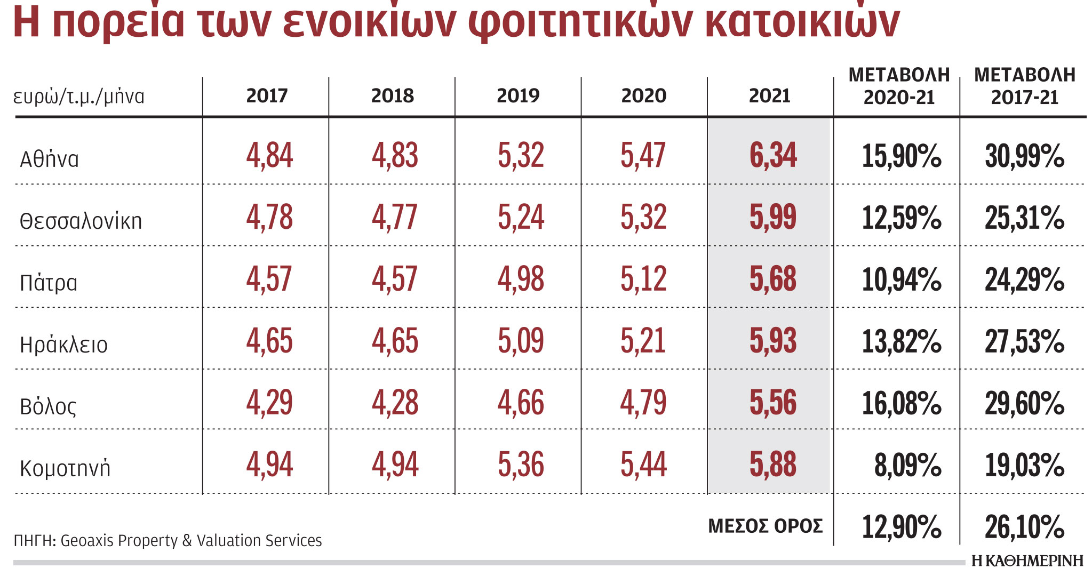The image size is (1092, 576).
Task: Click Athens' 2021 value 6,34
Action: point(772,156)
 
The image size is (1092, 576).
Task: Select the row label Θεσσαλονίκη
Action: point(81,221)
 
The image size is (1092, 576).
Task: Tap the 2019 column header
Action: point(518,96)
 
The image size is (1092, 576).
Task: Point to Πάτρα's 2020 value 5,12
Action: point(643,279)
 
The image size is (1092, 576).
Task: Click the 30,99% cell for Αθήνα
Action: point(1024,156)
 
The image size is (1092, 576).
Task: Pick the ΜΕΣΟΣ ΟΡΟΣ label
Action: point(765,526)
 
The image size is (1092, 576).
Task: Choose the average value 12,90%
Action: point(901,527)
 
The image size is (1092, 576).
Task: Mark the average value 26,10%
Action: point(1024,527)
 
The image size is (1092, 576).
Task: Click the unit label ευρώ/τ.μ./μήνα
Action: point(79,97)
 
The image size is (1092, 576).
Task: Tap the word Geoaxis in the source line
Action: point(87,541)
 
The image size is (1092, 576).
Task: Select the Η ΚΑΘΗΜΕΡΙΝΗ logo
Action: point(1027,561)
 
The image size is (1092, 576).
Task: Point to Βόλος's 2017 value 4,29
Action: point(269,403)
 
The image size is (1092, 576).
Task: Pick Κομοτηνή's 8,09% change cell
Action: point(907,465)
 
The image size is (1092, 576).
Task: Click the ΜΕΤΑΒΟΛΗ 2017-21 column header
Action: point(1024,86)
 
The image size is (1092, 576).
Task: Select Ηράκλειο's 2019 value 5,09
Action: point(521,341)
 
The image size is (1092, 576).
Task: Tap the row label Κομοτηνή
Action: point(65,468)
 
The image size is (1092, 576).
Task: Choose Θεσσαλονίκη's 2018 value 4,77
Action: point(394,218)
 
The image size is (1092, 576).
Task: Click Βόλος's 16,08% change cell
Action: point(901,403)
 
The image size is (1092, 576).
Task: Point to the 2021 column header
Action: point(769,96)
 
